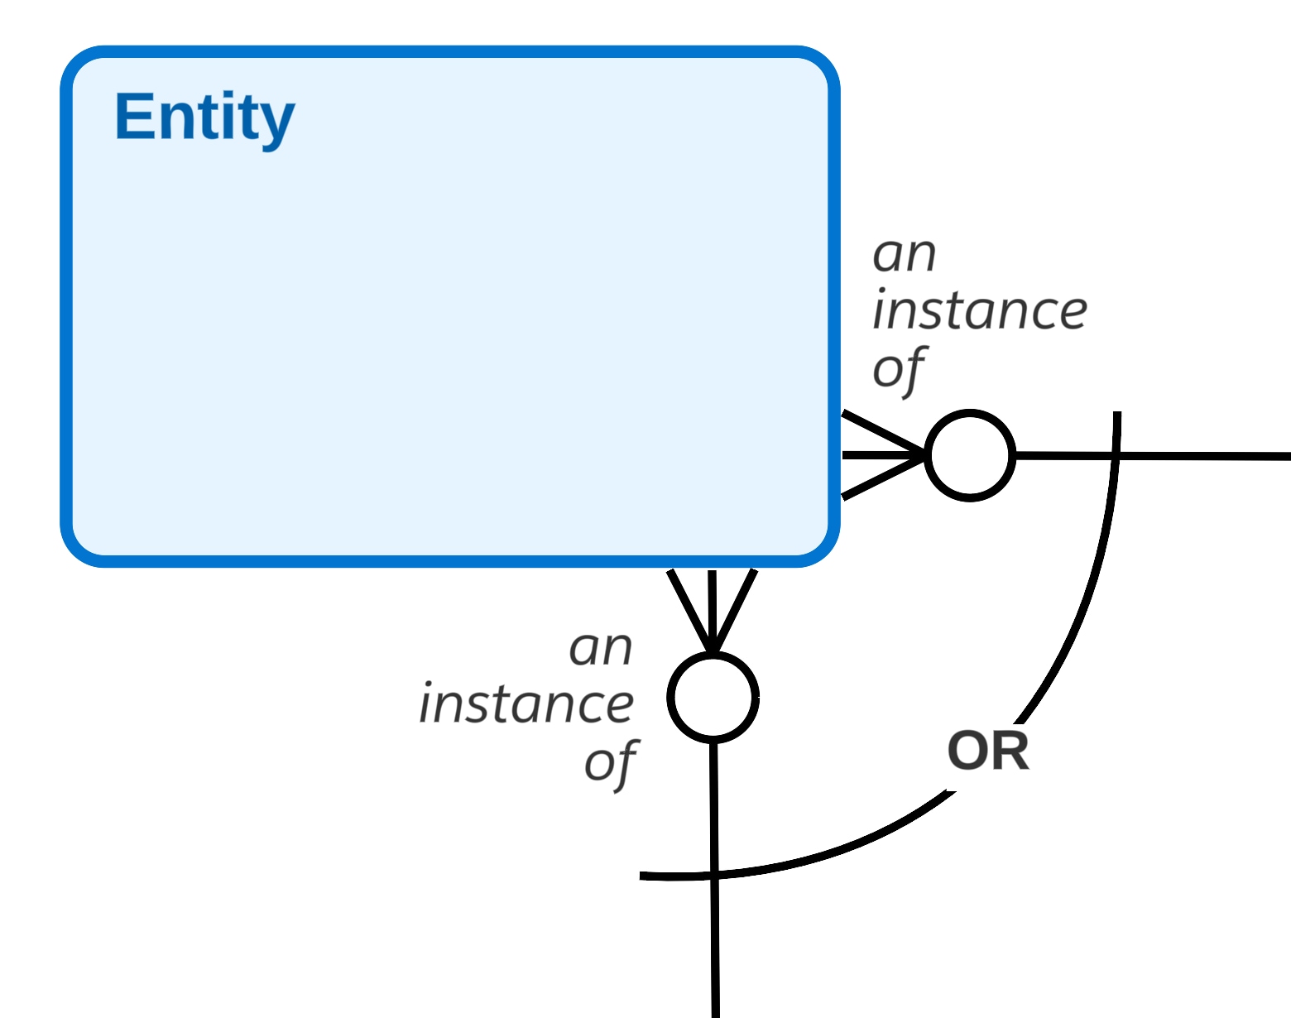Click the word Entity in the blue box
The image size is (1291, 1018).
click(204, 118)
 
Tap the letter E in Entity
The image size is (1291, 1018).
click(131, 117)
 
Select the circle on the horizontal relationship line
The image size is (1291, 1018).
click(969, 455)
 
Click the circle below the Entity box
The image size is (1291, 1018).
click(713, 697)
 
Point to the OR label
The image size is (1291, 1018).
click(988, 751)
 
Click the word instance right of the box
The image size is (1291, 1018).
click(980, 311)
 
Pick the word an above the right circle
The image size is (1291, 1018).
click(905, 255)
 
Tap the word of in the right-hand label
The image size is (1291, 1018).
click(899, 369)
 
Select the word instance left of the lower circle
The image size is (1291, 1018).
click(526, 705)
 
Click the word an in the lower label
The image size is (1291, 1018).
click(601, 648)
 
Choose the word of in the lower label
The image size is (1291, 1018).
click(611, 763)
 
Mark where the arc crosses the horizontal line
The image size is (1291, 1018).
click(1116, 455)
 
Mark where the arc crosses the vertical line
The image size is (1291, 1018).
click(714, 874)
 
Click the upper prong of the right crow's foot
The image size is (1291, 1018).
click(882, 432)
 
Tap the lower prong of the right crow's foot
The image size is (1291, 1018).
click(882, 478)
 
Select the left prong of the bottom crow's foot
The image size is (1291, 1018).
click(689, 611)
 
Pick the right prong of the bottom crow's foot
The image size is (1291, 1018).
click(734, 611)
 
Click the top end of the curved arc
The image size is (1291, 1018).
click(1117, 414)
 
